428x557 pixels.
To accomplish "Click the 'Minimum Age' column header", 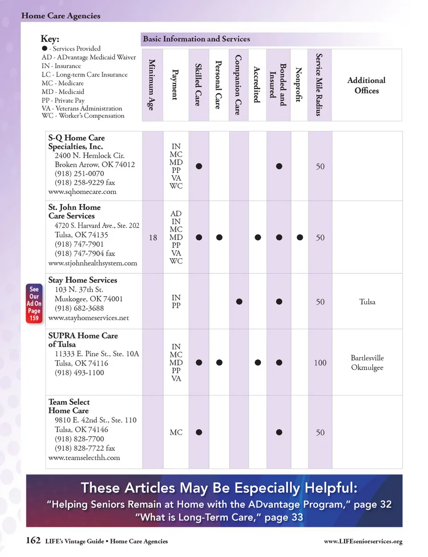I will tap(152, 85).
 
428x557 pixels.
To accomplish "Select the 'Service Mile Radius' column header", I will tap(319, 85).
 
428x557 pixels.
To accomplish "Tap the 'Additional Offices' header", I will tap(366, 85).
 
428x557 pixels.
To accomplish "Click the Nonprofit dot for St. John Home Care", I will tap(300, 237).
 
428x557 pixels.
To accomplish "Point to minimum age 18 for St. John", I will tap(153, 238).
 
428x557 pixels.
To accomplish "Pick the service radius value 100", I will tap(320, 363).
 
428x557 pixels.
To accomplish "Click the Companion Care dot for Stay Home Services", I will tap(239, 301).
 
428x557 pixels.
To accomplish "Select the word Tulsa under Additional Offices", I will tap(367, 302).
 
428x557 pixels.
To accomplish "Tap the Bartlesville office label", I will tap(367, 358).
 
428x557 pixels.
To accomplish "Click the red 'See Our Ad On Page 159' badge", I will tap(34, 303).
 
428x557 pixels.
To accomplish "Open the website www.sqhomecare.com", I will tap(82, 192).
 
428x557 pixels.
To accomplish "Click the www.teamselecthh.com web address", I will tap(84, 458).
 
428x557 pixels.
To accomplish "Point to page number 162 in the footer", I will tap(33, 541).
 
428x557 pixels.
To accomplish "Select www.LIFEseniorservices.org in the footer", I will tap(363, 541).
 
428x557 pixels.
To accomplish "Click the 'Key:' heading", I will tap(50, 39).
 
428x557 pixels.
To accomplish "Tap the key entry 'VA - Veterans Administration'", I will tap(82, 108).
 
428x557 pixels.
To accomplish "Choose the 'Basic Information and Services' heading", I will tap(196, 39).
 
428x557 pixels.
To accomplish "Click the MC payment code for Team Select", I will tap(176, 432).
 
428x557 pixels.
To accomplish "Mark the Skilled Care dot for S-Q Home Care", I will tap(199, 166).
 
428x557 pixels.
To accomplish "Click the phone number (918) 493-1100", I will tap(79, 373).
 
